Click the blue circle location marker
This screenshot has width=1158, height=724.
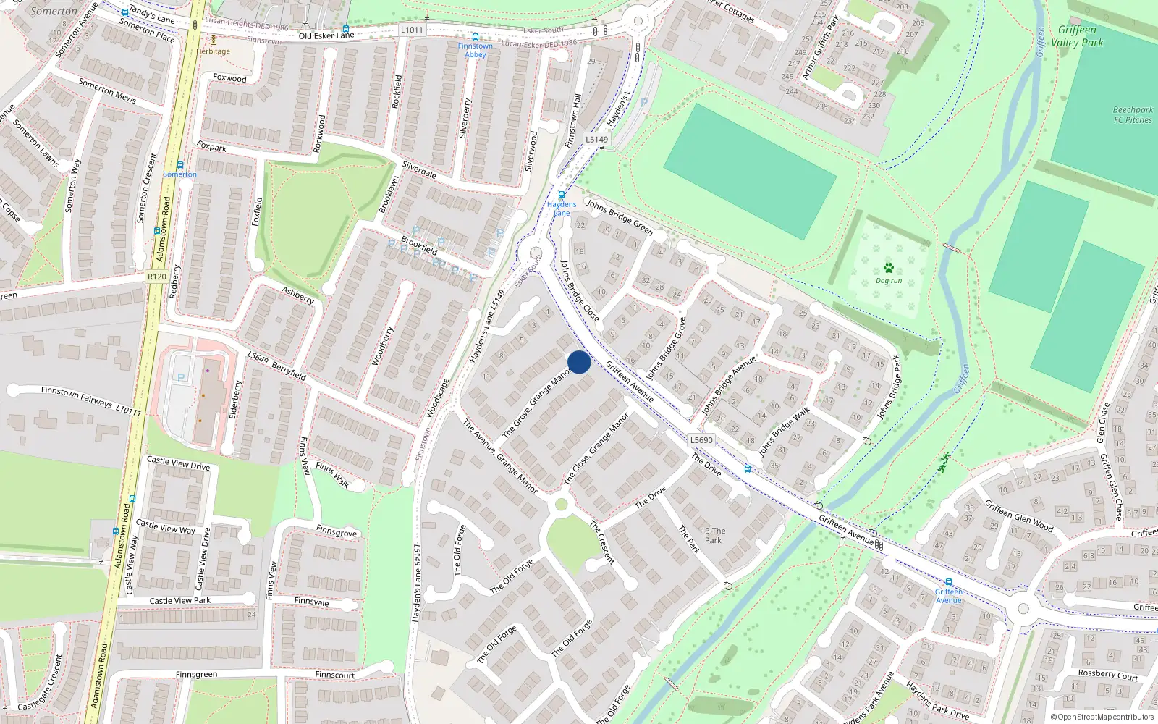click(578, 362)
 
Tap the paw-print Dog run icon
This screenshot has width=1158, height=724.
click(889, 268)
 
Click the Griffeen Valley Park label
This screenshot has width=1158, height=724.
click(1077, 36)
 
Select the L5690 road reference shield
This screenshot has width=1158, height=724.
click(701, 440)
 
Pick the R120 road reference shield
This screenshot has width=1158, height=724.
click(156, 277)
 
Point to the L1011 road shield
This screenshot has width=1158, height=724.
click(411, 30)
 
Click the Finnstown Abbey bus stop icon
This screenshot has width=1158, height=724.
click(475, 37)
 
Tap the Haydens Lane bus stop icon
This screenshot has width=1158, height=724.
click(561, 195)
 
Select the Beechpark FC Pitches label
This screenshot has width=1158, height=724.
click(1133, 115)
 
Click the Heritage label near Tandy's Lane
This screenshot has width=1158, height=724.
click(213, 51)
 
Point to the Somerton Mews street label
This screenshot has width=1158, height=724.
click(107, 90)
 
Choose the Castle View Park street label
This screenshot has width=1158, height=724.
click(180, 601)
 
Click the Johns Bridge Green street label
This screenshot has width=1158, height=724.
click(620, 217)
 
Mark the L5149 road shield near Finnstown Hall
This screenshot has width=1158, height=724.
click(597, 139)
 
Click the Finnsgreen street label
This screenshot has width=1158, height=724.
click(196, 675)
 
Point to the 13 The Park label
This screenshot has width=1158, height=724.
click(713, 535)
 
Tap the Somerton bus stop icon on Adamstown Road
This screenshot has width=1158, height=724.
click(179, 165)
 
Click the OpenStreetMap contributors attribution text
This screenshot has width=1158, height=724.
click(1102, 717)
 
